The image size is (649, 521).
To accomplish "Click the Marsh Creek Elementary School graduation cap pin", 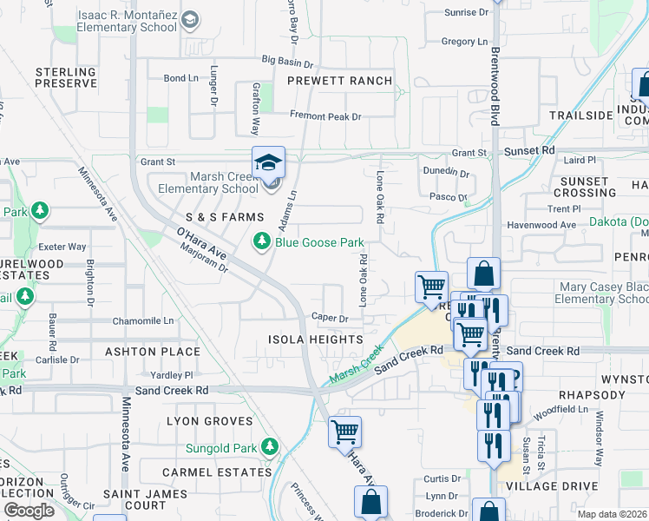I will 269,162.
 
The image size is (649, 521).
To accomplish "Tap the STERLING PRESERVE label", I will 66,77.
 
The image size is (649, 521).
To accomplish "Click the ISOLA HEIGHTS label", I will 315,340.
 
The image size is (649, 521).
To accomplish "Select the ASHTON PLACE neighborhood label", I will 153,352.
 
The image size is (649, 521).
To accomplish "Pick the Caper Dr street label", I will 330,319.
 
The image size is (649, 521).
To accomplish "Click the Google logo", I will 29,511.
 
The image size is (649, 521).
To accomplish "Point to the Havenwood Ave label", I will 543,225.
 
